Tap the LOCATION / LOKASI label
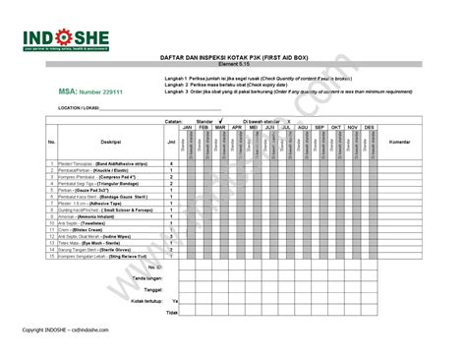(81, 106)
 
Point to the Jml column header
(171, 142)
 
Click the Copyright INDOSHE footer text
(69, 330)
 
